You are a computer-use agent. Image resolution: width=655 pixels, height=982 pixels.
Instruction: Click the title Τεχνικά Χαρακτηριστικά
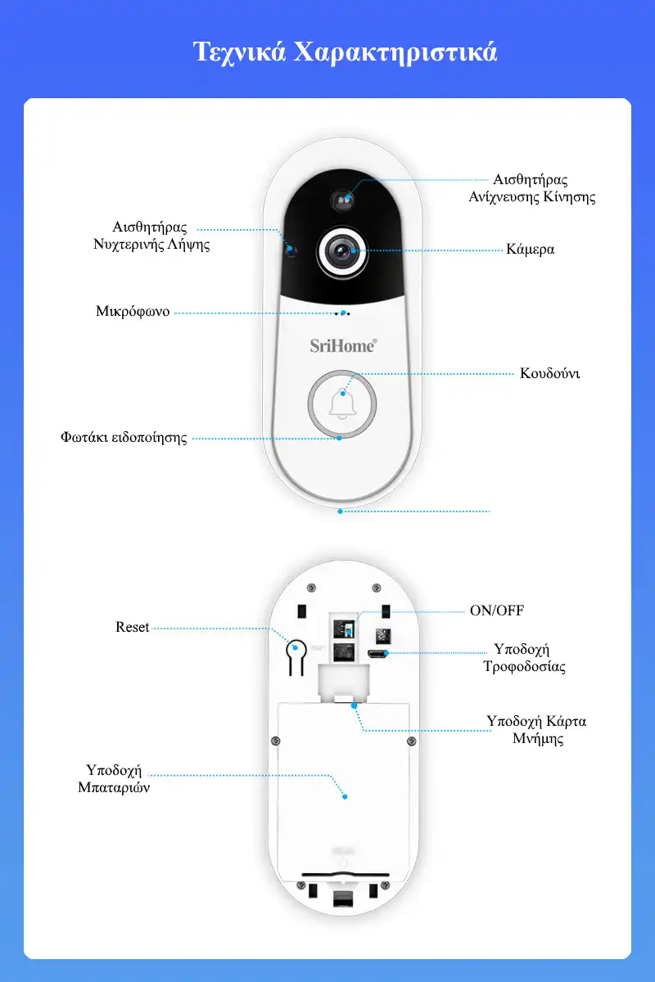point(346,52)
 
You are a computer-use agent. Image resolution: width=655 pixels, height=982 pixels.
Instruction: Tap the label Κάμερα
point(530,250)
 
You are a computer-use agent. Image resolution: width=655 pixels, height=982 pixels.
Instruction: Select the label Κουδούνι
point(549,373)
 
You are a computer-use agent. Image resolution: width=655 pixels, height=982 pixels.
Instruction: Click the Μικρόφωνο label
point(133,312)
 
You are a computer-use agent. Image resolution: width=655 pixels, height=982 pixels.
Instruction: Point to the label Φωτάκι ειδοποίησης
point(124,438)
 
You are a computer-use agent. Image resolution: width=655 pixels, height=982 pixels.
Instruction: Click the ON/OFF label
point(497,610)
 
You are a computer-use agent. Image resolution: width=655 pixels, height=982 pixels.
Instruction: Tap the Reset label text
point(132,627)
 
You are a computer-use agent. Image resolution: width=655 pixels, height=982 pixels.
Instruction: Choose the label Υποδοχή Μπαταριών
point(114,778)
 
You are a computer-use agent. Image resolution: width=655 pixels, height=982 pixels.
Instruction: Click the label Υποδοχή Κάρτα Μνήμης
point(536,730)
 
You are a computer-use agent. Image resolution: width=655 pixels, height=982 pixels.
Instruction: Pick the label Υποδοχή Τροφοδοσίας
point(524,658)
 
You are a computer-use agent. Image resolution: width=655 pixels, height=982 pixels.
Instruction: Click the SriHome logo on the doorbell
point(343,346)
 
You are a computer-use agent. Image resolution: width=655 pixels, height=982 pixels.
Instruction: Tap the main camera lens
point(342,252)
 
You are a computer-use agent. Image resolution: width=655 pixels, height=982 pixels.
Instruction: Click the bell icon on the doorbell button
point(342,403)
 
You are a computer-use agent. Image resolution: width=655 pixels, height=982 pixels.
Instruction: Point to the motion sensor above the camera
point(342,200)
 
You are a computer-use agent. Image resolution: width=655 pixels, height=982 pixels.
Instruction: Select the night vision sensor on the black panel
point(291,251)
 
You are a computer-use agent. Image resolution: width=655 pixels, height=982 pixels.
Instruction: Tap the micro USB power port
point(377,654)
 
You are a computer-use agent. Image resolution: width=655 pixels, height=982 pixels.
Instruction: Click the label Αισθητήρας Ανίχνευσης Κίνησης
point(531,188)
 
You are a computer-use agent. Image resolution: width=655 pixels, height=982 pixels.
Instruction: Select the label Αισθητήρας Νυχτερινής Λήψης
point(151,236)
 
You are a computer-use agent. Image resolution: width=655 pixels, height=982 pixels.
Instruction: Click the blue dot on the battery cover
point(345,796)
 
